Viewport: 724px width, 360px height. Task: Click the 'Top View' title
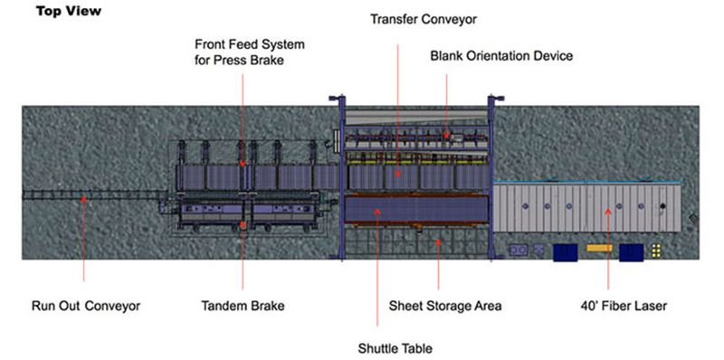(x=69, y=11)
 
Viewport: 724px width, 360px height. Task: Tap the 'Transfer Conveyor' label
(x=424, y=19)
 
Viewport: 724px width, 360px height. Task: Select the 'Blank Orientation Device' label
(x=501, y=56)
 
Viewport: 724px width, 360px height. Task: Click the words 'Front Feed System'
(x=250, y=44)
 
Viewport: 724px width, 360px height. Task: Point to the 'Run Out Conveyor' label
(x=86, y=306)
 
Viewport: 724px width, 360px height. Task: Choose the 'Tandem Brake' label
(x=243, y=306)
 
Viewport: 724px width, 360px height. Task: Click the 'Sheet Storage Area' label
(x=445, y=306)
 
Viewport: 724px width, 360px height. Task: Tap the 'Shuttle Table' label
(x=395, y=347)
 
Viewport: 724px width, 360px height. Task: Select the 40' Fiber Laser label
(x=624, y=306)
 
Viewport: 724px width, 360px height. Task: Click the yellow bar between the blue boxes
(x=599, y=248)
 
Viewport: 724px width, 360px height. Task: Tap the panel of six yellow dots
(x=656, y=251)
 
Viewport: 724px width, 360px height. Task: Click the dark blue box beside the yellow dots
(x=631, y=252)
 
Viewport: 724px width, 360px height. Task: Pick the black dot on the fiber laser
(x=663, y=206)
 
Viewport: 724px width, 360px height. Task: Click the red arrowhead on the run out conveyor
(x=83, y=200)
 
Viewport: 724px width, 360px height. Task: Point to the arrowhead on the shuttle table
(x=377, y=212)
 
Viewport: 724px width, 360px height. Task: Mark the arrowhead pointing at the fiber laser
(x=608, y=212)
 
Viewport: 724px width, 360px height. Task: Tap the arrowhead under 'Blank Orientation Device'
(x=446, y=136)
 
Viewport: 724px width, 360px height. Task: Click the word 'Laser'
(x=650, y=306)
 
